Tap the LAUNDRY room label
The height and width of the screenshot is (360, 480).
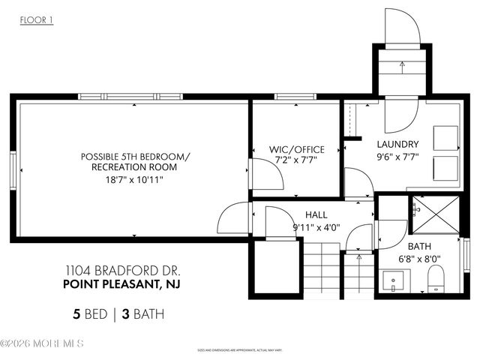coord(397,144)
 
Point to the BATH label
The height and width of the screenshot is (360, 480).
coord(418,246)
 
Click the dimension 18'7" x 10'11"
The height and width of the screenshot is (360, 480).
coord(136,179)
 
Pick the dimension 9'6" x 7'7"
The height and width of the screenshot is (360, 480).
coord(397,157)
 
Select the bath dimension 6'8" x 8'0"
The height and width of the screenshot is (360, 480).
coord(418,259)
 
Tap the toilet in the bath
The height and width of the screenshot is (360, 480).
coord(436,282)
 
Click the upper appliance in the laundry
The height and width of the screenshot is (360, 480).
coord(445,137)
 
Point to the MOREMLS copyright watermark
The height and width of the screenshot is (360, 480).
coord(42,343)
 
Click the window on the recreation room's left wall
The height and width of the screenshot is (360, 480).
coord(13,170)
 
